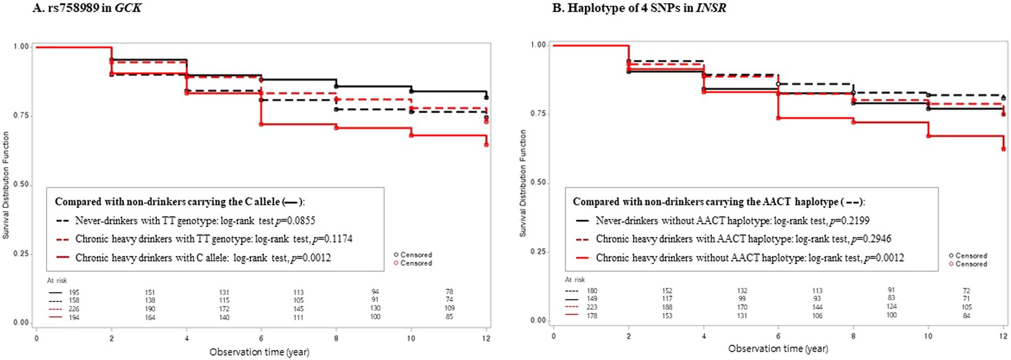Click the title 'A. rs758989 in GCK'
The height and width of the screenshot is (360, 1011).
(86, 7)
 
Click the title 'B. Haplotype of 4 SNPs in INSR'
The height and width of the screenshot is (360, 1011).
(639, 7)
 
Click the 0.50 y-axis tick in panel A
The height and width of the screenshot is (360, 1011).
(21, 185)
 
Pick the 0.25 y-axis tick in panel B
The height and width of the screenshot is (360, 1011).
(538, 252)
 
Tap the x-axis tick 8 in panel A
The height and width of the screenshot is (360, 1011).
(336, 338)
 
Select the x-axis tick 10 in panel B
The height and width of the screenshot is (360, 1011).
(928, 336)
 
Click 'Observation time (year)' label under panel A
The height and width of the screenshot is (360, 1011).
(259, 352)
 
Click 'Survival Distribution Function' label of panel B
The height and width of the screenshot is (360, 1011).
(523, 183)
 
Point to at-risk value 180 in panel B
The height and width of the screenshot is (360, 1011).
(592, 291)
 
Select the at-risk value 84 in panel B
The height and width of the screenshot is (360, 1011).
(966, 316)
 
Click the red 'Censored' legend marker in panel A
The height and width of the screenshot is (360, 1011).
(396, 263)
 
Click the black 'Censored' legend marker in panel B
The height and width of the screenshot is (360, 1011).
(951, 255)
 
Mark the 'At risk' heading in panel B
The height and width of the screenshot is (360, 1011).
(575, 279)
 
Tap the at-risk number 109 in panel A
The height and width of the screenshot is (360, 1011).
(449, 308)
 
